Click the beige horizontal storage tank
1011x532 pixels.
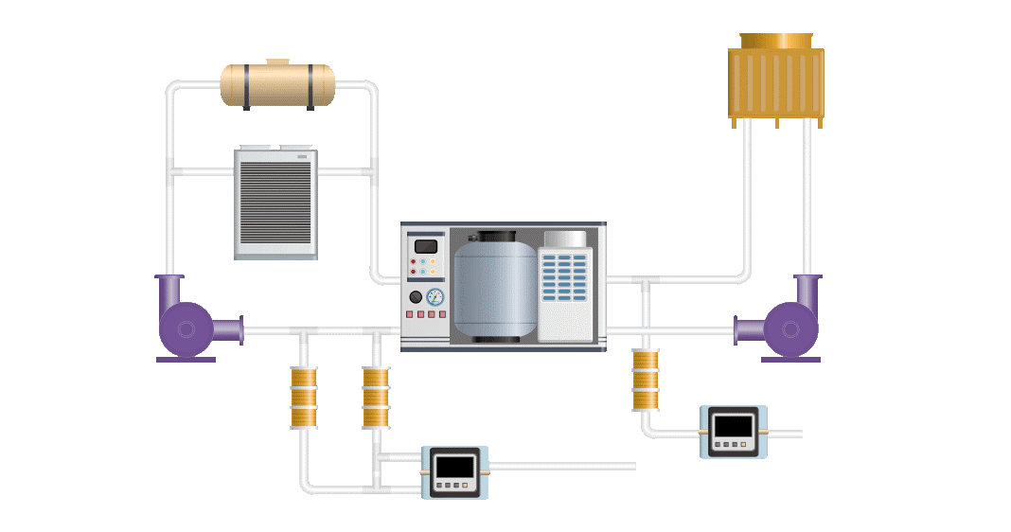pyautogui.click(x=277, y=85)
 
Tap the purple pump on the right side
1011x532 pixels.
pyautogui.click(x=791, y=328)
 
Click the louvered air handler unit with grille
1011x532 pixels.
pyautogui.click(x=275, y=203)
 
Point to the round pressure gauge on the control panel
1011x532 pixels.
pyautogui.click(x=435, y=296)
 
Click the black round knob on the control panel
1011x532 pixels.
pyautogui.click(x=416, y=296)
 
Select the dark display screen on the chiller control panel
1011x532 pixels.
pyautogui.click(x=426, y=246)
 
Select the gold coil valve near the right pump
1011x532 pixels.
pyautogui.click(x=646, y=380)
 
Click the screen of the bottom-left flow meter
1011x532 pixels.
pyautogui.click(x=454, y=467)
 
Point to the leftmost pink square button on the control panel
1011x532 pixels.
pyautogui.click(x=410, y=314)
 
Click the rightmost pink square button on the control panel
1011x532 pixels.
pyautogui.click(x=441, y=314)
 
